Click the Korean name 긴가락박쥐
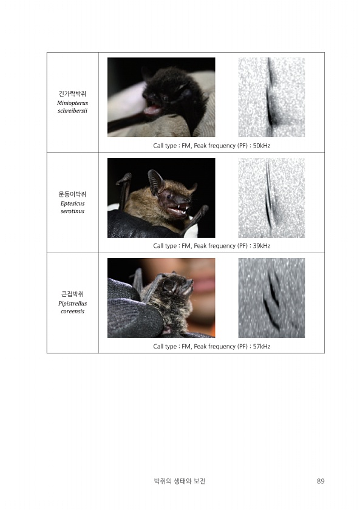point(72,93)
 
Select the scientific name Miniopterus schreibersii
point(72,107)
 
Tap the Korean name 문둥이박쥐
point(72,194)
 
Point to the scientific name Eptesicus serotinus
point(72,207)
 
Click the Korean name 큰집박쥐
point(72,294)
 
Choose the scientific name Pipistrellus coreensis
point(72,307)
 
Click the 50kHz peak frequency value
point(262,146)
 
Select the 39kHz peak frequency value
point(262,246)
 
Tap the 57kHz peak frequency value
point(262,347)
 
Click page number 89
point(321,481)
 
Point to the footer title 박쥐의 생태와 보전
point(180,481)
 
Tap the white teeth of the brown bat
point(177,210)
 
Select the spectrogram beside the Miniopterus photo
point(271,97)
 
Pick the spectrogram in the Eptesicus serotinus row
point(271,198)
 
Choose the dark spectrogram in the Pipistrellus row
point(271,298)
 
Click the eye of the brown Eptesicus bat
point(169,196)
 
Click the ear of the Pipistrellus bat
point(169,285)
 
